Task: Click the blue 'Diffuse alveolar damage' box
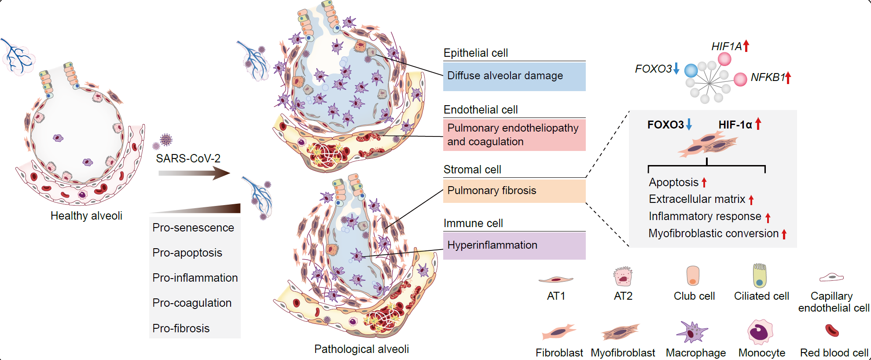click(514, 76)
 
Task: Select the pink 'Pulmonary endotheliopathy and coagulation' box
click(514, 135)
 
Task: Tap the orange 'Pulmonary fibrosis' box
click(514, 191)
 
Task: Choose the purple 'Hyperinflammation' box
click(514, 245)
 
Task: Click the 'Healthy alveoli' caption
click(86, 216)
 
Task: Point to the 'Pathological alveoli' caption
click(361, 349)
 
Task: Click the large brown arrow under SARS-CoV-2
click(194, 173)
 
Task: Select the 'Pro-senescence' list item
click(193, 228)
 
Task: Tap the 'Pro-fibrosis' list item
click(181, 328)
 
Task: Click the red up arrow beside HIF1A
click(746, 46)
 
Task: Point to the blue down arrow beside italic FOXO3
click(676, 69)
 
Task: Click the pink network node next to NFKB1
click(740, 79)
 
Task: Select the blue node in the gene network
click(691, 70)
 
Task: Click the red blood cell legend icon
click(832, 330)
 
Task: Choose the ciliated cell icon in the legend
click(760, 276)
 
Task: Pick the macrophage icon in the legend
click(692, 332)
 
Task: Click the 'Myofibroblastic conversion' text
click(713, 234)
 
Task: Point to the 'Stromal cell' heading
click(472, 169)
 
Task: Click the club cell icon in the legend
click(693, 276)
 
